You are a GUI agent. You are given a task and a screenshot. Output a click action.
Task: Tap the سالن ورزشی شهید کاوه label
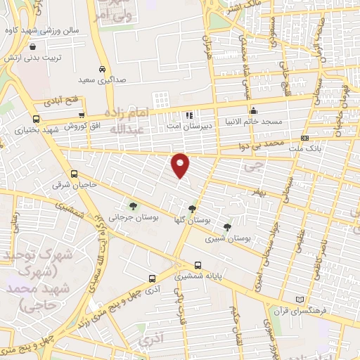coord(40,31)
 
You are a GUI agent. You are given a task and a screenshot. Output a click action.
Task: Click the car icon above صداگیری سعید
coord(103,70)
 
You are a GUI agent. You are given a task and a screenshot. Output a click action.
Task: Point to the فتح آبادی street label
coord(63,101)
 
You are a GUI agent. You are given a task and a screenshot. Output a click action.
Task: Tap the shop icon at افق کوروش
coord(82,115)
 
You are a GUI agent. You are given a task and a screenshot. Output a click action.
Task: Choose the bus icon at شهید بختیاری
coord(36,119)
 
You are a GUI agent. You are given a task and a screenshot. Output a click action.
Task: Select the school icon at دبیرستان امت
coord(188,115)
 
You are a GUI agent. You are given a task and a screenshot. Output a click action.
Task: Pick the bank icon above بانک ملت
coord(304,138)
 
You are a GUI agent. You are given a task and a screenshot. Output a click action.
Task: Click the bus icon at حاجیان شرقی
coord(75,174)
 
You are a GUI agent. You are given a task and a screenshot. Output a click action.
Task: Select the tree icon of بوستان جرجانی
coord(133,206)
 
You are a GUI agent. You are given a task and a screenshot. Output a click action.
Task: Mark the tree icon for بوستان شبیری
coord(226,226)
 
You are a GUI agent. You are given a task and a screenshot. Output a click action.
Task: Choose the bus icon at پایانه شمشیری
coord(198,266)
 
